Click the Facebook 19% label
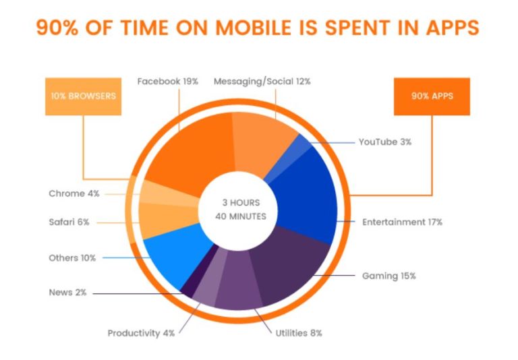[167, 82]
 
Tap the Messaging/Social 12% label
[262, 82]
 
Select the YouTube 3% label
[384, 142]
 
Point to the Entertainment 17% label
[402, 222]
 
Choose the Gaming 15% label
[388, 276]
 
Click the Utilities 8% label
[299, 332]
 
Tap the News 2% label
[67, 293]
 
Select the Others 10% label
[72, 258]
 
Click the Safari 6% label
[69, 222]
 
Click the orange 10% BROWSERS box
[83, 96]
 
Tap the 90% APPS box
[432, 96]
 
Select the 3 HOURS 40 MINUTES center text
[240, 209]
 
